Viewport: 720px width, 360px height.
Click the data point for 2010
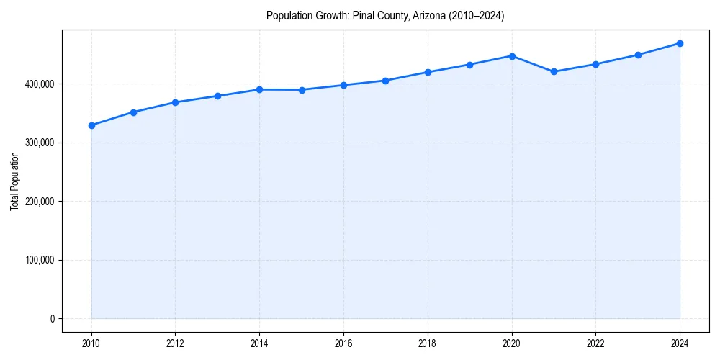click(x=91, y=125)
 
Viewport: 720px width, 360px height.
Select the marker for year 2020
click(x=512, y=56)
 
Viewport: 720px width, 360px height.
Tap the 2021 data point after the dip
click(x=554, y=71)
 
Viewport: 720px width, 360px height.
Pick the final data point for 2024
click(x=680, y=43)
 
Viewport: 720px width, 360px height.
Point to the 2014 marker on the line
click(x=259, y=89)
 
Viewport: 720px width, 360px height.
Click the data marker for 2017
click(x=385, y=81)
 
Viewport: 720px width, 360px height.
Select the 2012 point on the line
click(x=175, y=102)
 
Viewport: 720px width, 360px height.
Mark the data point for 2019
click(x=469, y=65)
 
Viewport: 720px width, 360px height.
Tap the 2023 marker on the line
click(x=638, y=55)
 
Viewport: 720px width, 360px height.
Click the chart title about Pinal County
click(x=385, y=16)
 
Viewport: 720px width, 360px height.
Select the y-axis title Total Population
click(x=14, y=181)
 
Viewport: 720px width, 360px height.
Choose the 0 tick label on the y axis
click(x=53, y=319)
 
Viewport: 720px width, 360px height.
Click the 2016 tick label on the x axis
click(x=343, y=343)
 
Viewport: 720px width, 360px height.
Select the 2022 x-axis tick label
click(x=595, y=343)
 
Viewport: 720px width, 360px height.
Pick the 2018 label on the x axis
click(x=428, y=343)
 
